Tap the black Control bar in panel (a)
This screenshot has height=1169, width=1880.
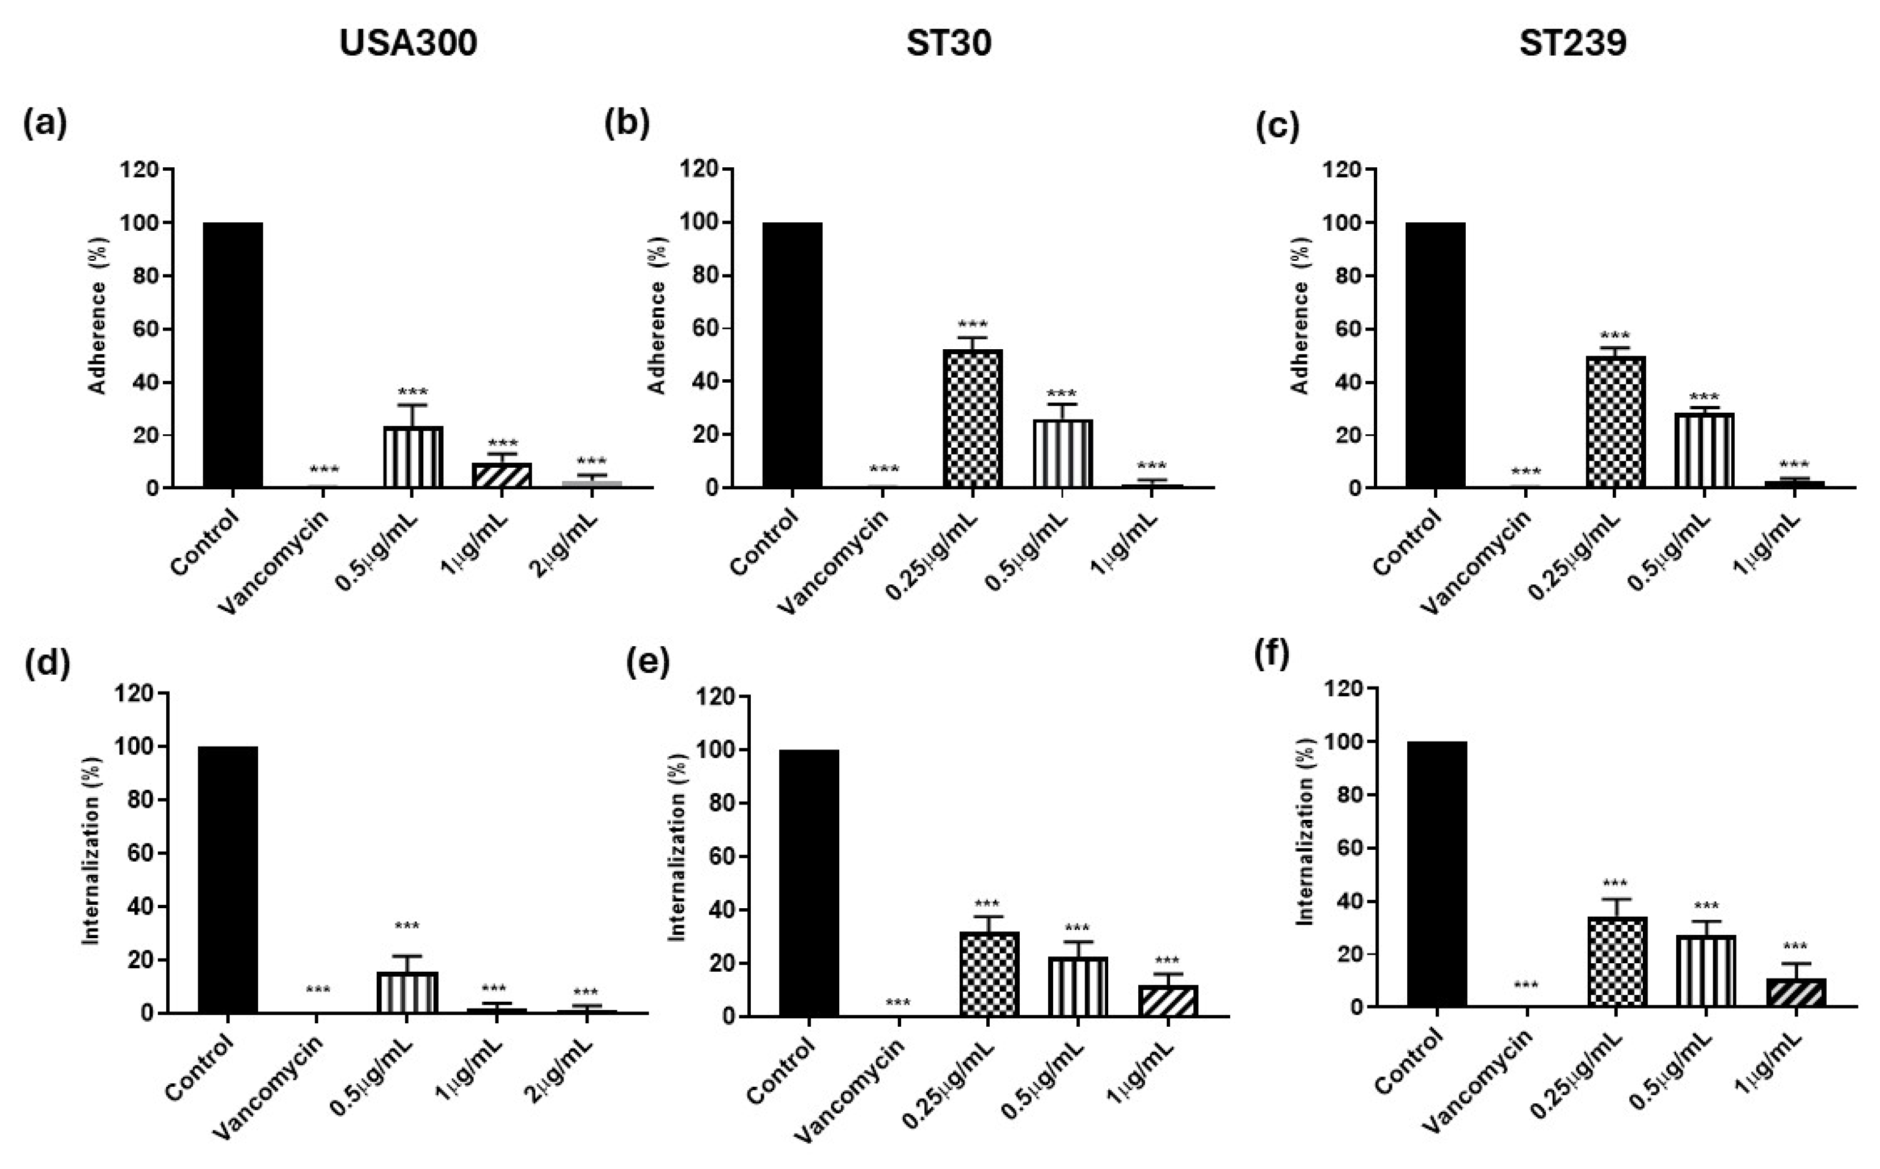click(233, 355)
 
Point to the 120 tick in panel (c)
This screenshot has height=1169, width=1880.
click(1344, 170)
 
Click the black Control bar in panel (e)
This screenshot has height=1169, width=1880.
click(809, 882)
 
